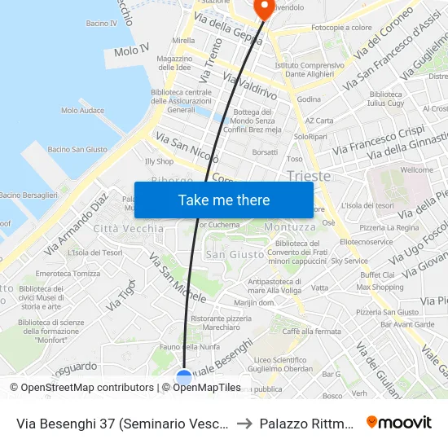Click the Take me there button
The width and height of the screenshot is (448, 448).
coord(224,200)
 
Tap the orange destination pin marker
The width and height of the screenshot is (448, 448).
coord(264,7)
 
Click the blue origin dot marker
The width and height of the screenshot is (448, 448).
coord(184,377)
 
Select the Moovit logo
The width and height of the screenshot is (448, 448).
coord(399,423)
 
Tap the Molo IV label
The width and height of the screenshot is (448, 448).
coord(132,51)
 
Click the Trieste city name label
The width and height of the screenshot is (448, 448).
coord(309,176)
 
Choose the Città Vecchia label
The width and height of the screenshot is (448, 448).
coord(129,229)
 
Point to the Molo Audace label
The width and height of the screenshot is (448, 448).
coord(82,110)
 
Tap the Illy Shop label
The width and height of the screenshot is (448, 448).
coord(160,161)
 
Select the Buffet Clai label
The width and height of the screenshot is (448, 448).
coord(376,275)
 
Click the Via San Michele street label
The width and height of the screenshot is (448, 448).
coord(177,279)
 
